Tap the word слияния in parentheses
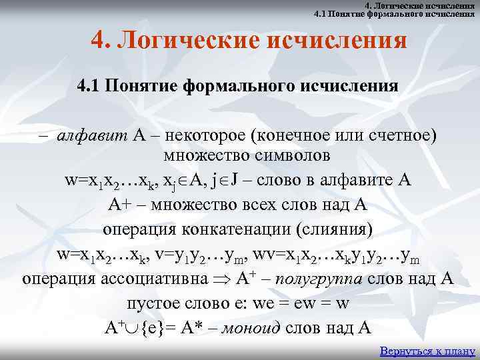(x=344, y=229)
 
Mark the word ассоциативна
(x=150, y=278)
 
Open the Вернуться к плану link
(x=427, y=351)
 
